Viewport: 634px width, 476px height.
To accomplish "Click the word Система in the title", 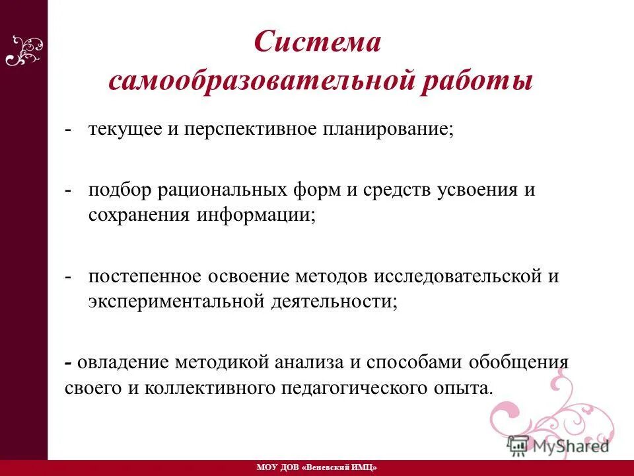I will coord(318,44).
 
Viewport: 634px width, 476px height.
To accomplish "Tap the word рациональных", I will coord(221,190).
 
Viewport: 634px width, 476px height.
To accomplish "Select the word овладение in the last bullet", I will coord(122,362).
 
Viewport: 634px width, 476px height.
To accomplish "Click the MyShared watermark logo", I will coord(558,445).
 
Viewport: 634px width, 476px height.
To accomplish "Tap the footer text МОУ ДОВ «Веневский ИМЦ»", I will coord(316,467).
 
